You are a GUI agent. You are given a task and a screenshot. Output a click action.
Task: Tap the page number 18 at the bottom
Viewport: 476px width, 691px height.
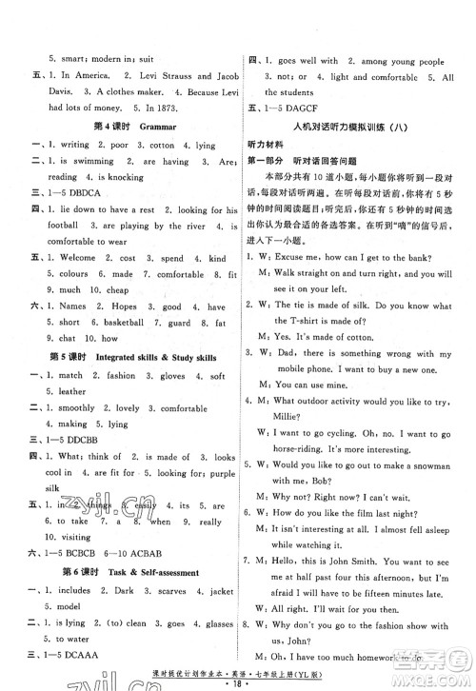238,682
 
